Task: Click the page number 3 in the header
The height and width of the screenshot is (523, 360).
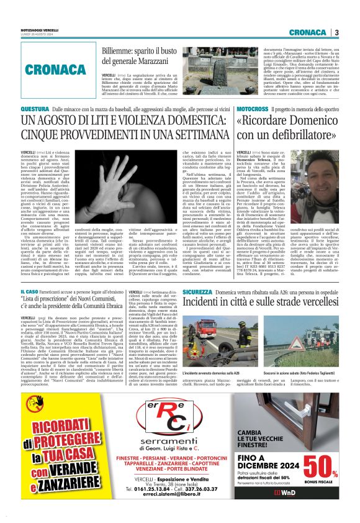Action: pos(336,32)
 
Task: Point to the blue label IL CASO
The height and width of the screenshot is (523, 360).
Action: pos(30,291)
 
